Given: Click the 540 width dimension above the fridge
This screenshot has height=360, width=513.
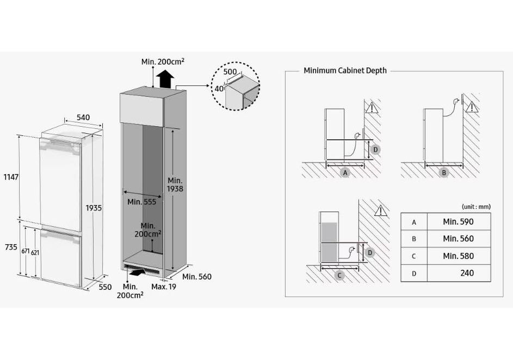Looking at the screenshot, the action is pos(83,117).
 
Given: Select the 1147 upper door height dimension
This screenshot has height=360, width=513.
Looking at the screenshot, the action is pos(11,177).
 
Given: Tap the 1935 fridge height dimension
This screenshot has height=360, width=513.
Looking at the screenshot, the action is pos(94,208).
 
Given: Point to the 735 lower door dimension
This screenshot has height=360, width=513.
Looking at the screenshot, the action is pos(11,247).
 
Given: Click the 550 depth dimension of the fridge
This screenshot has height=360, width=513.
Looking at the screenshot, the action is pos(105,287).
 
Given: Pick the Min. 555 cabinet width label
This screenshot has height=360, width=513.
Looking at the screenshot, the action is pos(141,202).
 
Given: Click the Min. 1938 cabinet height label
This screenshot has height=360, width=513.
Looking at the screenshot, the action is pos(175,184).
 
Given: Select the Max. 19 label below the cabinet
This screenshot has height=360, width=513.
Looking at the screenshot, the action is pos(164,287).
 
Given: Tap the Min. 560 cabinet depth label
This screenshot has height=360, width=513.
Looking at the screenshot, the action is pos(196,277).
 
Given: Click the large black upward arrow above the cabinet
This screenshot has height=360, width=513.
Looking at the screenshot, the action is pos(165,79).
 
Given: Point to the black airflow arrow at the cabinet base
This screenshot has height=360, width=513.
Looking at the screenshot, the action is pos(138,271).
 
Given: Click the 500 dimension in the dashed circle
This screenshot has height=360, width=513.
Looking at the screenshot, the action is pos(230,72).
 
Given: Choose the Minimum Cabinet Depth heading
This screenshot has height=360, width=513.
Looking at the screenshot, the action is pos(345,70).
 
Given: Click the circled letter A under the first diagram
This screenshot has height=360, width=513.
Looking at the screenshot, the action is pos(345,172).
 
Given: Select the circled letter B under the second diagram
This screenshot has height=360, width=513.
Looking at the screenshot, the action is pos(444,172).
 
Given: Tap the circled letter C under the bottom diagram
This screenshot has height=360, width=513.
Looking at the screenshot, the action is pos(339,276).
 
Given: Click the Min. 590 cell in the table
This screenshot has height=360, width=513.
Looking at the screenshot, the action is pos(458,222).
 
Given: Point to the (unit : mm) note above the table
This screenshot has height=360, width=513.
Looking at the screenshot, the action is pos(476,207).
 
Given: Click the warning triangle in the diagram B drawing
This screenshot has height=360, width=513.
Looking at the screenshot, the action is pos(472,107).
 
